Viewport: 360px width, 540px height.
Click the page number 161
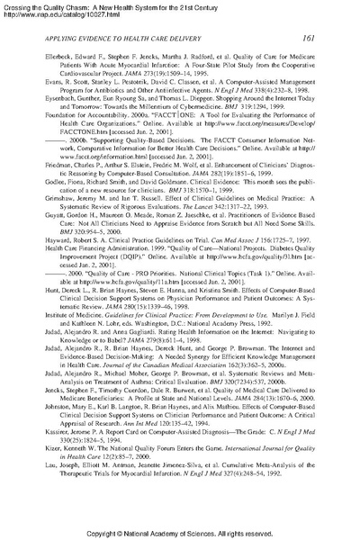tap(334, 39)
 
